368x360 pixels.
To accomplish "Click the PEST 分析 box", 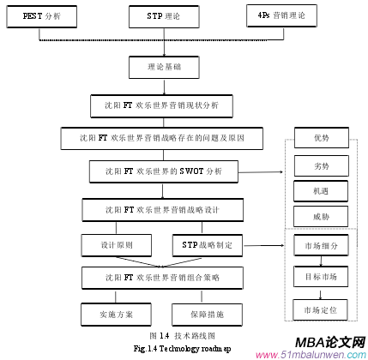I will click(x=41, y=16).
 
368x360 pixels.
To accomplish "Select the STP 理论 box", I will click(x=163, y=16).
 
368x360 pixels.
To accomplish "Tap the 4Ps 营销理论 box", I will click(x=285, y=16).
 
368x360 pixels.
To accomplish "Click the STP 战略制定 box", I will click(x=207, y=244).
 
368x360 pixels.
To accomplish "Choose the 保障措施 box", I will click(x=207, y=314).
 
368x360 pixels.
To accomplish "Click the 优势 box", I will click(x=320, y=137).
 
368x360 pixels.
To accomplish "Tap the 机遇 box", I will click(x=320, y=189).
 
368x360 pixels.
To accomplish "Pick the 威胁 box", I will click(x=320, y=214).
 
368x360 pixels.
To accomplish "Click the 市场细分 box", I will click(x=320, y=245).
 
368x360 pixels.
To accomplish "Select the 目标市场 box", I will click(x=320, y=277).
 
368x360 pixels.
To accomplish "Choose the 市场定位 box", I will click(x=320, y=308).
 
